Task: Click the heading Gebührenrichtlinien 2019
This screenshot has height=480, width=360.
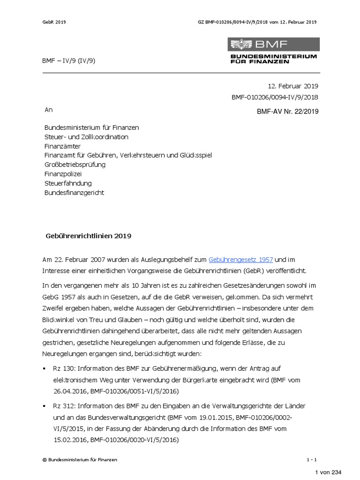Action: click(x=88, y=236)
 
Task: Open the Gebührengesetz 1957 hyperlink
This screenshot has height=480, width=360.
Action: click(x=240, y=259)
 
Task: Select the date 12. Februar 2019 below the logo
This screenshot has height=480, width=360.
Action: click(x=293, y=86)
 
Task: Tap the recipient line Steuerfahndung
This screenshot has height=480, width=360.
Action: click(x=68, y=183)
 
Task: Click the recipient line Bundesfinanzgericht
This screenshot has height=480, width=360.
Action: click(x=74, y=193)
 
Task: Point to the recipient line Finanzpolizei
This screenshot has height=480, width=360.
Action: click(x=63, y=174)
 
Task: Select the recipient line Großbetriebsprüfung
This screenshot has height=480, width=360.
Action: click(x=75, y=165)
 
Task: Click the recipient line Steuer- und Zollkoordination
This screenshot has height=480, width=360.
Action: click(x=86, y=137)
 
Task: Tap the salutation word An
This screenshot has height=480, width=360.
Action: click(x=48, y=110)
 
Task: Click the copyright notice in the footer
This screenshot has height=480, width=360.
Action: click(x=80, y=460)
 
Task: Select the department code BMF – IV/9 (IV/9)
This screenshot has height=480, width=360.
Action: click(x=70, y=60)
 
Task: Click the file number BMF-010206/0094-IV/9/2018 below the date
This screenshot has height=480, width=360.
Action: click(x=275, y=97)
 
